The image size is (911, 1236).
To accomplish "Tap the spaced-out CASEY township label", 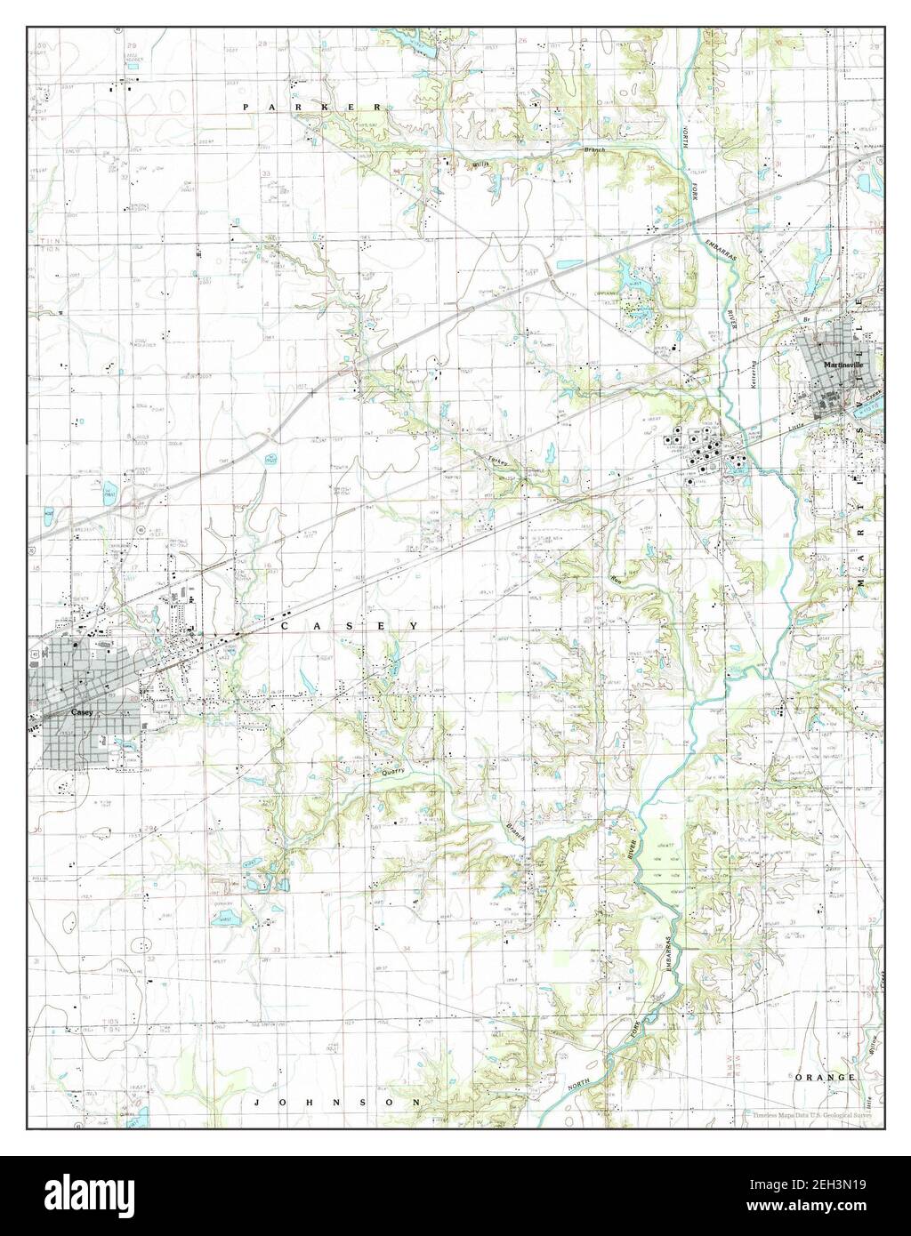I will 350,627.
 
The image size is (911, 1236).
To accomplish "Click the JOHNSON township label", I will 335,1102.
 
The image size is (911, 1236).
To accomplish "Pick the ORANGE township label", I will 826,1077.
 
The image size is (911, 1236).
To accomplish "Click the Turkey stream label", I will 498,459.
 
